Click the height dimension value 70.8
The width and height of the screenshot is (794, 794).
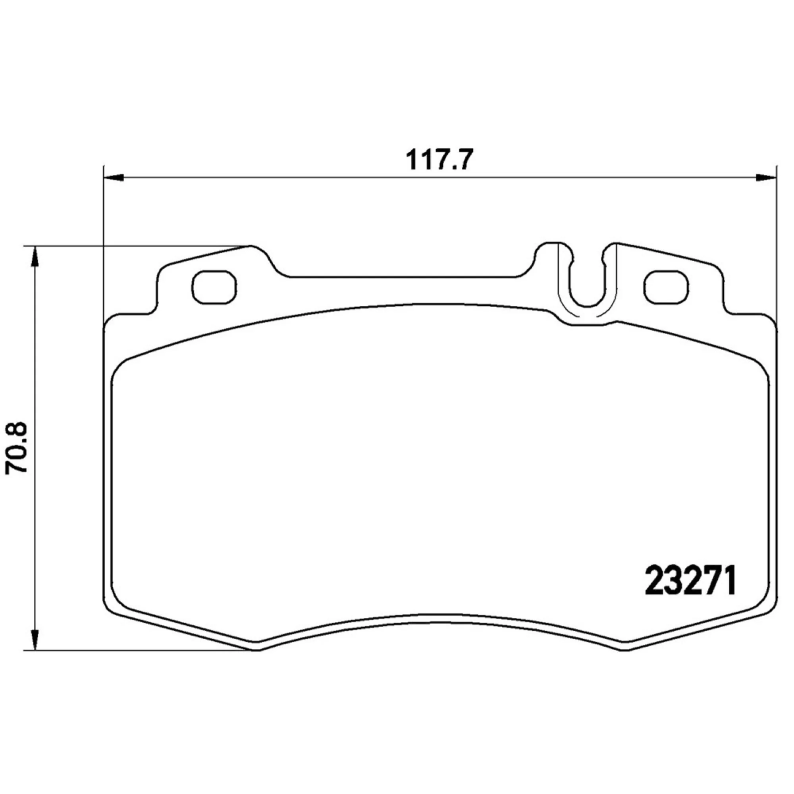(16, 448)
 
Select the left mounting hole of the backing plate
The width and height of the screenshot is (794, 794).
(214, 285)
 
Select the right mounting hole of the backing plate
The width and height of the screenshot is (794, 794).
(667, 285)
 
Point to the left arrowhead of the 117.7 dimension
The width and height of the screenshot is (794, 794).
(114, 177)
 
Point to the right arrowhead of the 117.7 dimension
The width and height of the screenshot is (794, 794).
(767, 177)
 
